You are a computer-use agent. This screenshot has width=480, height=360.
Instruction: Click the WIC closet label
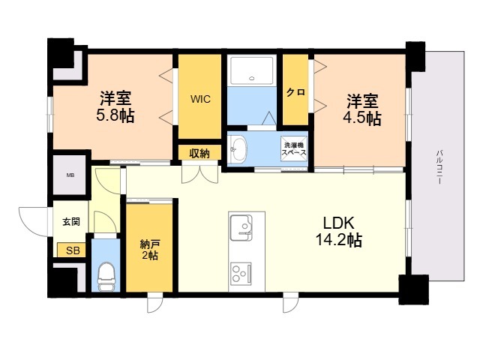pos(200,99)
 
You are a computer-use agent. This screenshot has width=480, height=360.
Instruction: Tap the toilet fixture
pos(106,277)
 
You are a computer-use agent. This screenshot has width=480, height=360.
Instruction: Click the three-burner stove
pos(241,272)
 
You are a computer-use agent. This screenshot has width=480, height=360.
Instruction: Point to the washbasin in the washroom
pos(238,149)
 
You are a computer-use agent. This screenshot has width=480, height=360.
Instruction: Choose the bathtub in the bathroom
pos(252,70)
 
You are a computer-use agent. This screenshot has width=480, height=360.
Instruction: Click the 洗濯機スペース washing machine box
pos(294,148)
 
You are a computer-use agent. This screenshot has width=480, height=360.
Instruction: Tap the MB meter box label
pos(70,175)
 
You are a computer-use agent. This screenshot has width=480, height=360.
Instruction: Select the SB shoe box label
pos(73,250)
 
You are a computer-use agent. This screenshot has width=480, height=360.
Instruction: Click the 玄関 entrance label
pos(71,221)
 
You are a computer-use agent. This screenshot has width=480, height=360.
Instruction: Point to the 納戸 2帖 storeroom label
pos(149,250)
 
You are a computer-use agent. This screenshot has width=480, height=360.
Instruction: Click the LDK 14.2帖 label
pos(339,232)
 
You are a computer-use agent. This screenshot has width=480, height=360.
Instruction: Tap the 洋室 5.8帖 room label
pos(115,106)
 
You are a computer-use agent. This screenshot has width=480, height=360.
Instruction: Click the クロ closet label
pos(295,92)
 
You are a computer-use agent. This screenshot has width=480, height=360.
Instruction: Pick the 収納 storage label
pos(199,153)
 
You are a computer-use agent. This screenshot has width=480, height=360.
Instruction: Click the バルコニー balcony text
pos(439,166)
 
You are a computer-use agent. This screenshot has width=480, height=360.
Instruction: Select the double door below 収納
pos(200,174)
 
